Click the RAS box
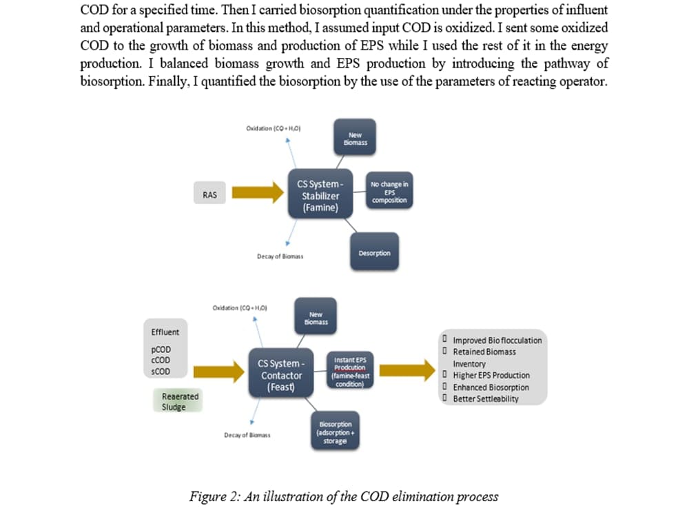[x=210, y=195]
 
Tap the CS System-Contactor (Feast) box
[x=281, y=376]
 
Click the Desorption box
[x=374, y=253]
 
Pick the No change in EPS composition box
[x=389, y=192]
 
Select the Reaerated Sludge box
[x=180, y=401]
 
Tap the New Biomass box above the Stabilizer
[x=356, y=139]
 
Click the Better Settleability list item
[x=486, y=399]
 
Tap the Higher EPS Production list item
[x=491, y=376]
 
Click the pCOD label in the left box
[x=161, y=350]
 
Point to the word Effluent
[x=165, y=332]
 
